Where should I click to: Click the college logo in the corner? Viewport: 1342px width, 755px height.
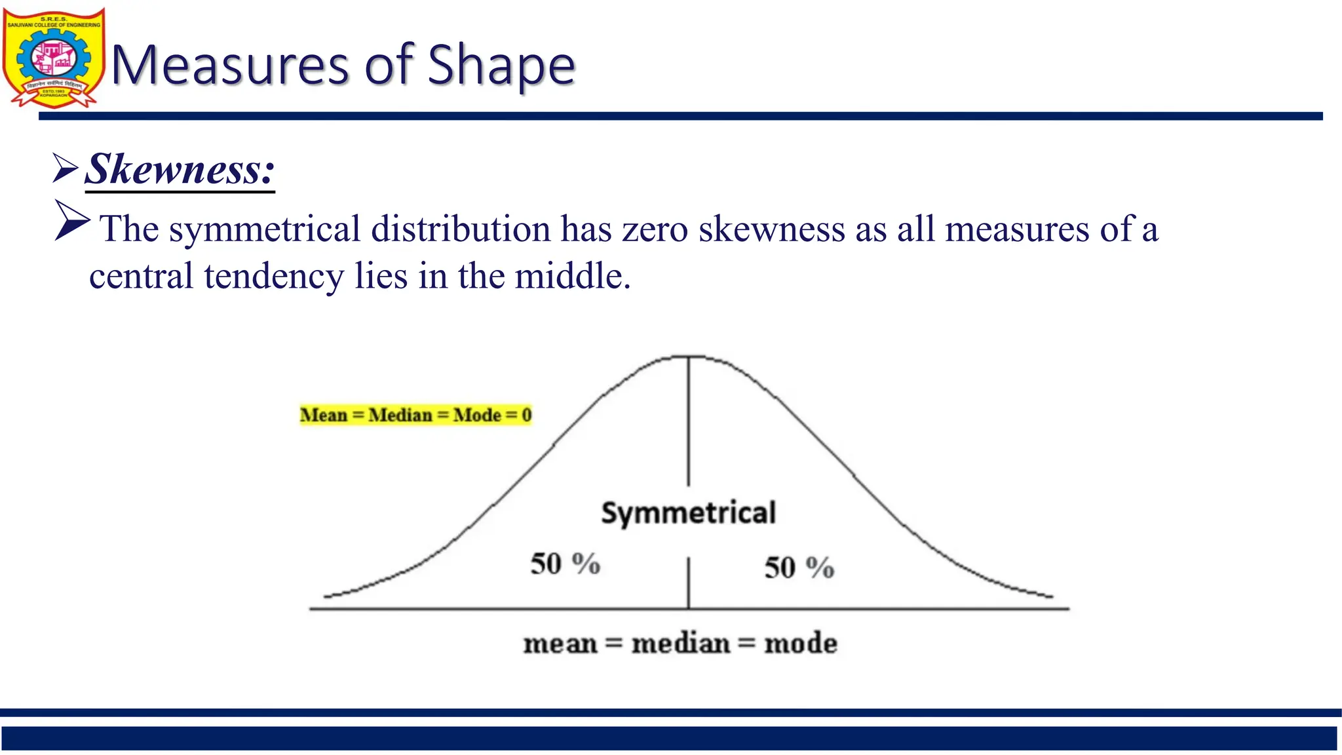tap(53, 58)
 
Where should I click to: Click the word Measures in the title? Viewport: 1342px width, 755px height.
tap(229, 66)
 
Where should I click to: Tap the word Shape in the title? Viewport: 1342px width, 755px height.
tap(501, 66)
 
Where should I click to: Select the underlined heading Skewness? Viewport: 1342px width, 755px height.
tap(180, 169)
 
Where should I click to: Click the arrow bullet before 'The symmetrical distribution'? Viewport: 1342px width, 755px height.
tap(71, 220)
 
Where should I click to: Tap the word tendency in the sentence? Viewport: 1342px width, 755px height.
tap(273, 276)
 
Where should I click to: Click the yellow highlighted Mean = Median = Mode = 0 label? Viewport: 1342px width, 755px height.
tap(415, 415)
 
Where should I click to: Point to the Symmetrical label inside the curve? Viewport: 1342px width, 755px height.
tap(688, 513)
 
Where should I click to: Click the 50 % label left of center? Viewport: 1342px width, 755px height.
tap(565, 564)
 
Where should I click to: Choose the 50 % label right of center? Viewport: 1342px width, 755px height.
tap(799, 568)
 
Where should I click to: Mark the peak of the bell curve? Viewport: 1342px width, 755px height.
tap(688, 357)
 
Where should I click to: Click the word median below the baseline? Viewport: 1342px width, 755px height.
tap(680, 644)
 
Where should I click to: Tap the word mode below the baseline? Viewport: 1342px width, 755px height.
tap(801, 644)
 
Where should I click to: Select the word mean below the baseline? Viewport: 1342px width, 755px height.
tap(560, 644)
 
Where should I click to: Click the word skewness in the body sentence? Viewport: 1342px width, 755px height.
tap(771, 229)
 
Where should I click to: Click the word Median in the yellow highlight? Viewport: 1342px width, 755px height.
tap(400, 415)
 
